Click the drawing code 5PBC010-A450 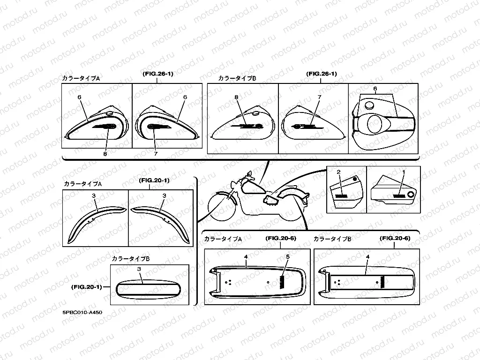tap(82, 312)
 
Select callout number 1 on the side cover tap(403, 172)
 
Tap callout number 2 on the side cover tap(338, 172)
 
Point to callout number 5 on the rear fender tap(288, 256)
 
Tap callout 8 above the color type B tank tap(237, 97)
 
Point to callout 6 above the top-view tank tap(375, 89)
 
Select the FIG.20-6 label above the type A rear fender tap(280, 239)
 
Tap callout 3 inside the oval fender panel tap(139, 270)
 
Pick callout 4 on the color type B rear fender tap(367, 256)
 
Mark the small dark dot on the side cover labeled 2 tap(355, 180)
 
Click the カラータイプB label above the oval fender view tap(131, 258)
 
